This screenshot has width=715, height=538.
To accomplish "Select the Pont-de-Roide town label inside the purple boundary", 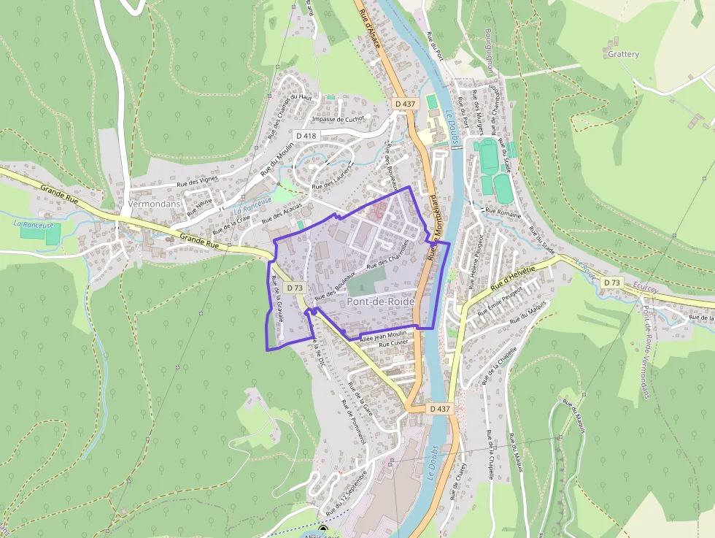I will [x=381, y=301].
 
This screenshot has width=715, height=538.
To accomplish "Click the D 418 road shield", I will [x=306, y=136].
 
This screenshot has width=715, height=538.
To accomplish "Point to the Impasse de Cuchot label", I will [x=337, y=119].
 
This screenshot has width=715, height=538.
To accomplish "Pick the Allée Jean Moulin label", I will [x=383, y=336].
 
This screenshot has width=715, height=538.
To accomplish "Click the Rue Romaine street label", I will [x=503, y=215].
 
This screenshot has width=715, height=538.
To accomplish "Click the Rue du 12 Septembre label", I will [x=346, y=492].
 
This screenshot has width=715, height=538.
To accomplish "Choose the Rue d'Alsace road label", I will [x=368, y=20].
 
